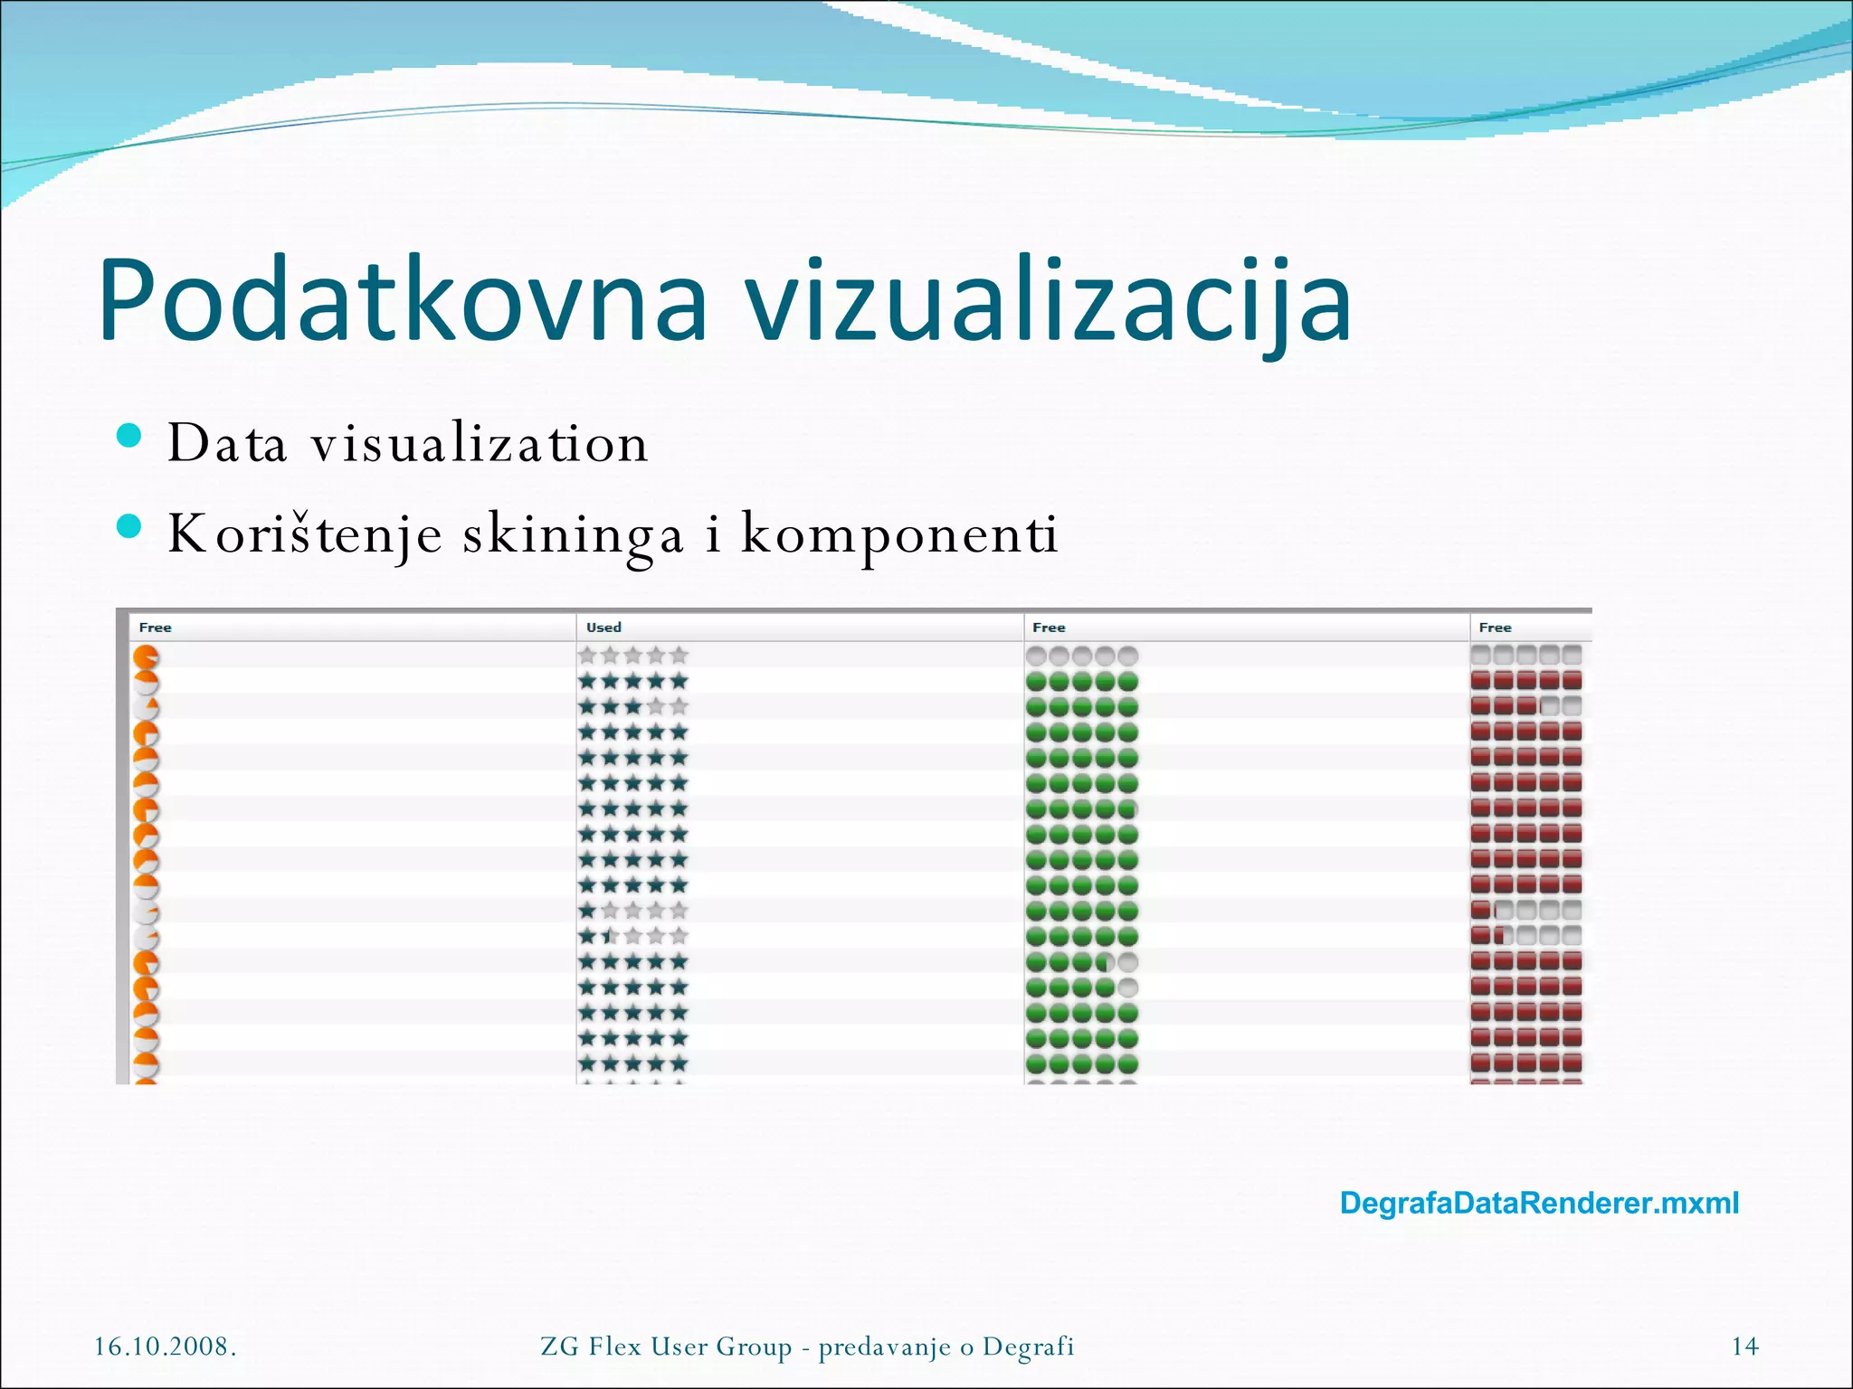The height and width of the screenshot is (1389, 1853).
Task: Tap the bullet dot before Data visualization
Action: (x=129, y=437)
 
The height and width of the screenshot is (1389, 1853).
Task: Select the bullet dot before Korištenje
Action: (x=129, y=526)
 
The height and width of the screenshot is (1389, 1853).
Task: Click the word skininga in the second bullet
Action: (x=573, y=534)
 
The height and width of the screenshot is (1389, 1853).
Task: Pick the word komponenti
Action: (x=899, y=534)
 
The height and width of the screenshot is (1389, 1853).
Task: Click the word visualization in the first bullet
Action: (x=480, y=443)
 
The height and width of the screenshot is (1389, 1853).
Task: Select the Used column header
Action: (x=603, y=628)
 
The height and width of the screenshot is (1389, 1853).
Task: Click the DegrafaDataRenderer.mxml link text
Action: (x=1539, y=1204)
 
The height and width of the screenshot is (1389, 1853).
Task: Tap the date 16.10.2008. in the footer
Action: (x=166, y=1346)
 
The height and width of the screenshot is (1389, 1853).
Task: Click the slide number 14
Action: (x=1744, y=1346)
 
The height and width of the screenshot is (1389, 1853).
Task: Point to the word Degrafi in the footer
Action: (x=1029, y=1346)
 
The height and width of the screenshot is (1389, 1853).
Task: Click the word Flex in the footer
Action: (x=614, y=1346)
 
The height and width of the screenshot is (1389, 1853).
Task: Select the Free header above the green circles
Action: (x=1049, y=628)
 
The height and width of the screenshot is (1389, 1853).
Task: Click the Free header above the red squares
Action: (x=1495, y=628)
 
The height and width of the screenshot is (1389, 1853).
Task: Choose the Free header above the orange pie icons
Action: (x=155, y=628)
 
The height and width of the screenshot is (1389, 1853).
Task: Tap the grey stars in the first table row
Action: (x=633, y=655)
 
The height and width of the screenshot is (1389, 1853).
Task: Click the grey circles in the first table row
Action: (x=1082, y=655)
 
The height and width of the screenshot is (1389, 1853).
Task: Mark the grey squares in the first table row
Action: (x=1526, y=654)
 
